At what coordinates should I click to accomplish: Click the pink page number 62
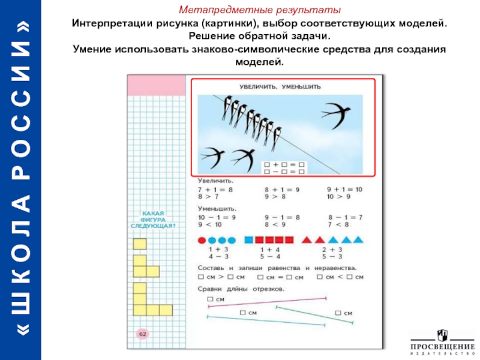point(143,334)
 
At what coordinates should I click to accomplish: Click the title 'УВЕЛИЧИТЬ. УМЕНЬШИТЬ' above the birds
point(280,87)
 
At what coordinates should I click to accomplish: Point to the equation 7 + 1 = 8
point(215,189)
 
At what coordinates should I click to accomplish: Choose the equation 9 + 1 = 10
point(344,189)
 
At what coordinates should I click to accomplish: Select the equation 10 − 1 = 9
point(217,217)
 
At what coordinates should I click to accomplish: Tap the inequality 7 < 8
point(338,224)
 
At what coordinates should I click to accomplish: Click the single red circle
point(202,241)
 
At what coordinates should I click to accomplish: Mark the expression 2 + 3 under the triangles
point(332,249)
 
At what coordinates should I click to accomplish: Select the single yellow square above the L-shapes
point(140,244)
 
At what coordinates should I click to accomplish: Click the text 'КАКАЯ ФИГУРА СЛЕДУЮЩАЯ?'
point(152,219)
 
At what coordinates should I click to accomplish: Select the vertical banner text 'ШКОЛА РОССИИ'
point(21,180)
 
